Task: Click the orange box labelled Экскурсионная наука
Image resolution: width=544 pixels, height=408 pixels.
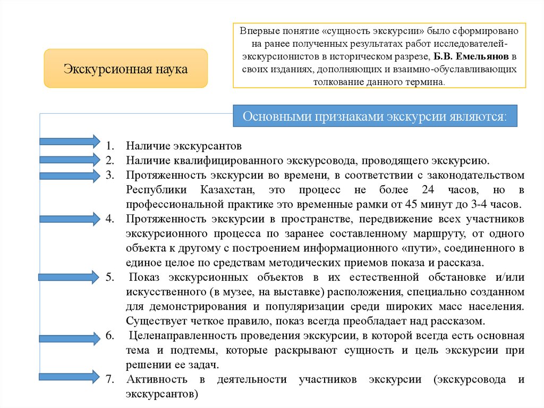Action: tap(125, 69)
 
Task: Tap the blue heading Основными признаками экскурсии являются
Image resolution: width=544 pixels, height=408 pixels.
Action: tap(375, 116)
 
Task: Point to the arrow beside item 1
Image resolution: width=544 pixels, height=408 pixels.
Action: tap(69, 141)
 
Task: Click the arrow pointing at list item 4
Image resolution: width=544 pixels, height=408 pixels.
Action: tap(69, 219)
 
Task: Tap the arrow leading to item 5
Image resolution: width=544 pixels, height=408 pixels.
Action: tap(69, 276)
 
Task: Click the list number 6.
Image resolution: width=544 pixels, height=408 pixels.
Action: tap(109, 336)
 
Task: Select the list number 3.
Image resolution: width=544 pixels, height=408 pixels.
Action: tap(109, 175)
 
